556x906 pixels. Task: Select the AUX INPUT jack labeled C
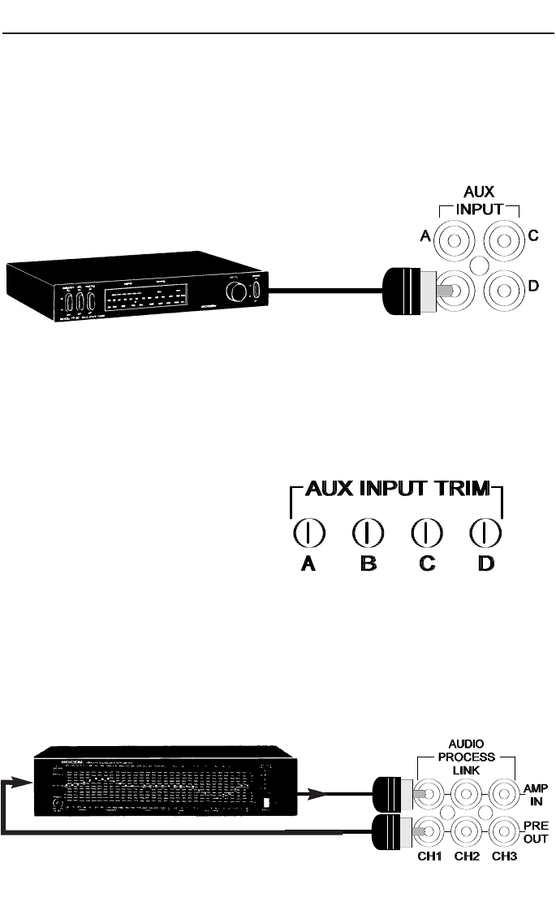pos(507,240)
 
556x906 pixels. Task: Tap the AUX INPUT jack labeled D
pos(507,289)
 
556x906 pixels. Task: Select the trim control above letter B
pos(368,533)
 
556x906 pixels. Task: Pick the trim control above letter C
pos(427,533)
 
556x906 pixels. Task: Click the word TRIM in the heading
pos(459,489)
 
